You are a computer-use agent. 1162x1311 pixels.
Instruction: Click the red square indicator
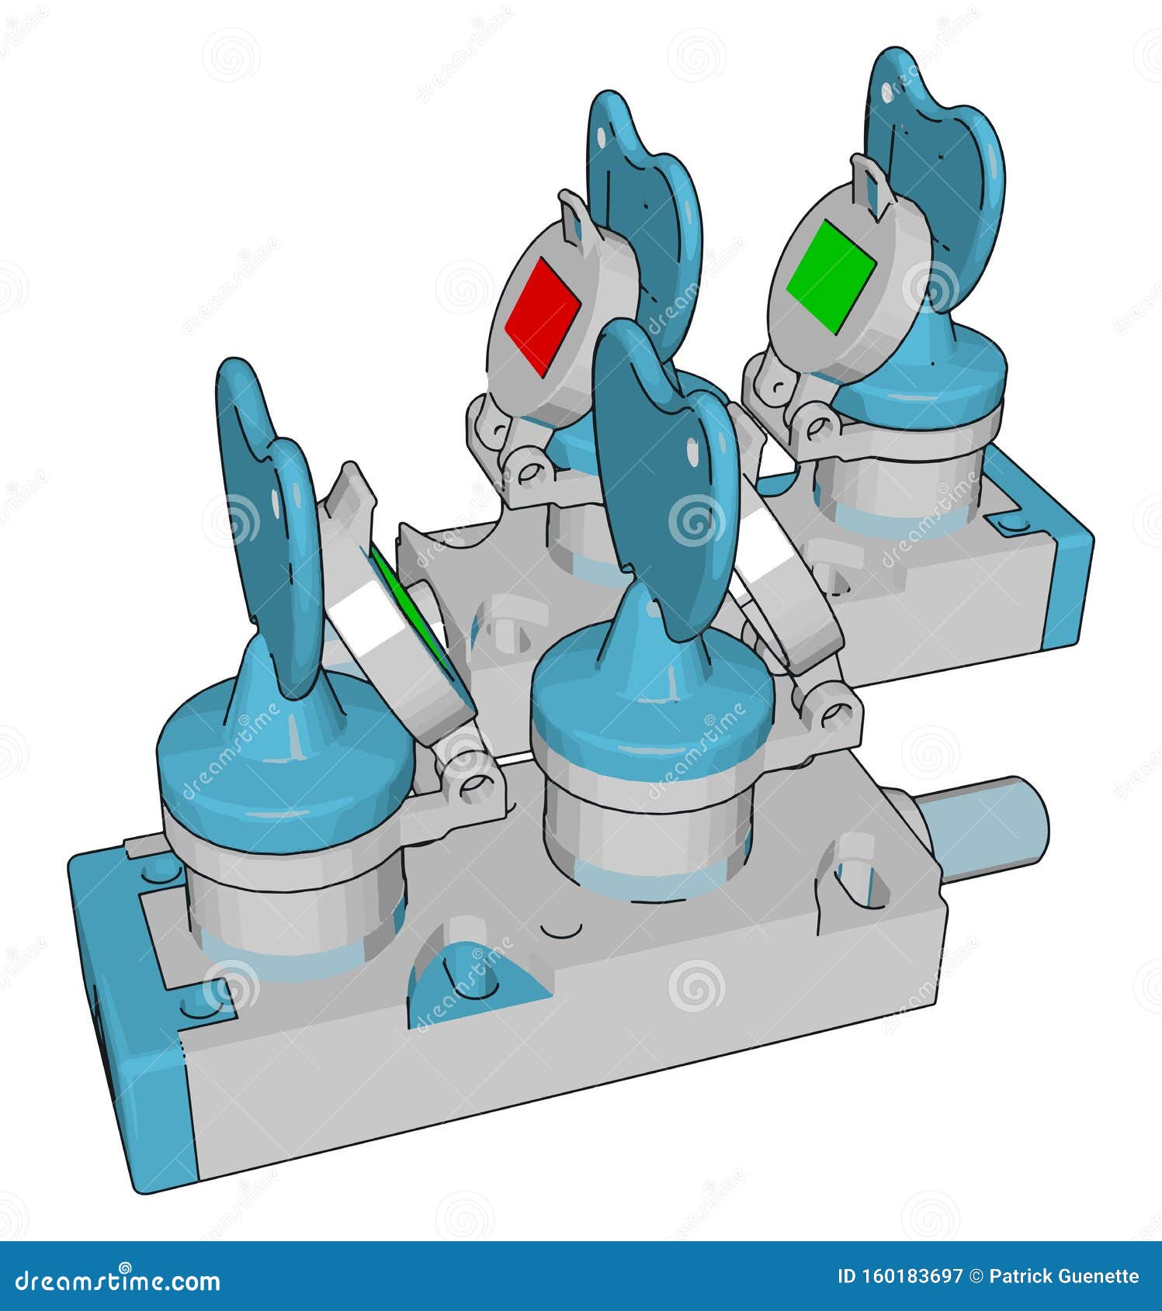point(543,317)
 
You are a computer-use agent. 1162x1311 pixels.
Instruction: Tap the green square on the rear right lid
point(831,277)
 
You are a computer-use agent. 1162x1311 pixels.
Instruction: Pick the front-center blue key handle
point(668,481)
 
